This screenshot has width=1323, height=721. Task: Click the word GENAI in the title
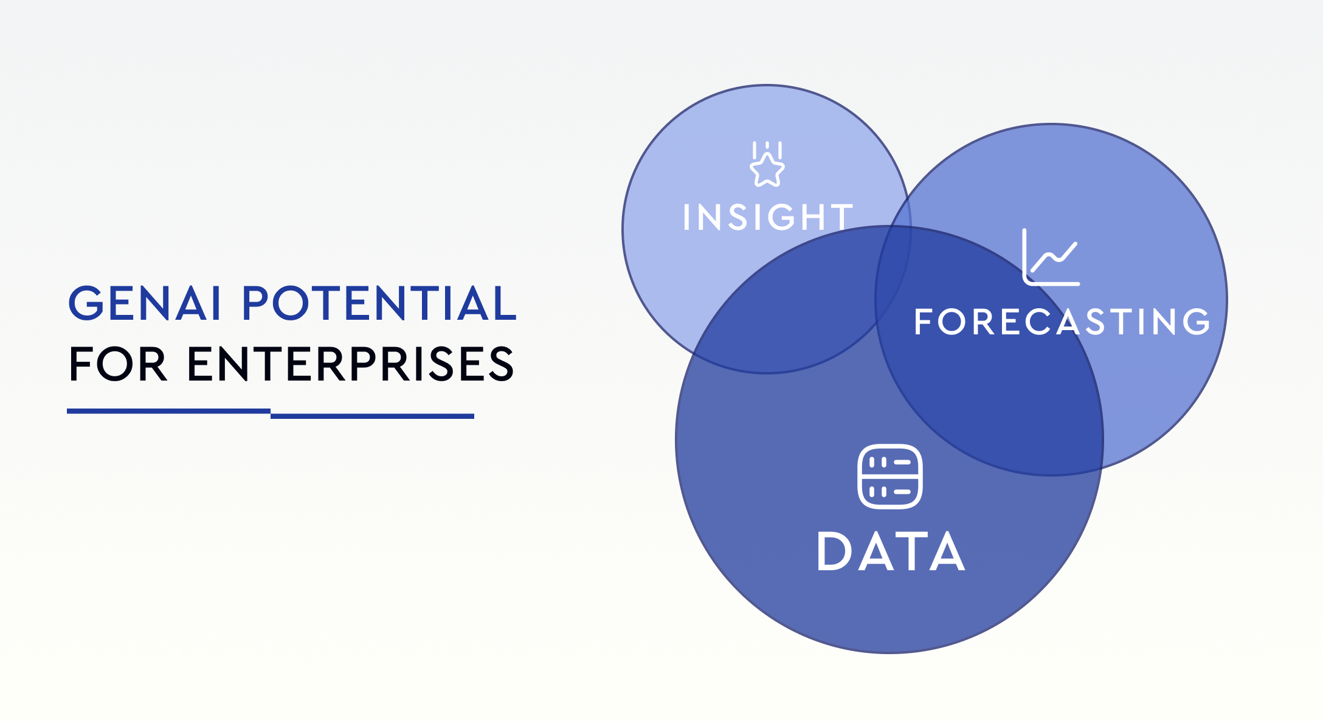point(144,303)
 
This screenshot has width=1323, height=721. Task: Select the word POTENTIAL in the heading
point(379,303)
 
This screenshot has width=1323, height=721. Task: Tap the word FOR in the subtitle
point(118,364)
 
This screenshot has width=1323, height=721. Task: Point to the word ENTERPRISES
point(351,364)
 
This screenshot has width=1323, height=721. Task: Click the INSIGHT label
point(768,217)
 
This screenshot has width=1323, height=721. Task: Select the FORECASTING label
point(1062,322)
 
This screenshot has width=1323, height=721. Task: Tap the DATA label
point(891,552)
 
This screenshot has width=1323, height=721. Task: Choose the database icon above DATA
point(889,477)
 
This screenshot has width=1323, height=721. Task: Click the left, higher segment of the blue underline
point(168,411)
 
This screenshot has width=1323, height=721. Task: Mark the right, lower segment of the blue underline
point(372,416)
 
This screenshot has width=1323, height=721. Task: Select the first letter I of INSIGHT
point(687,217)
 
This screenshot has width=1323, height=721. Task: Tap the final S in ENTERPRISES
point(500,364)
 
